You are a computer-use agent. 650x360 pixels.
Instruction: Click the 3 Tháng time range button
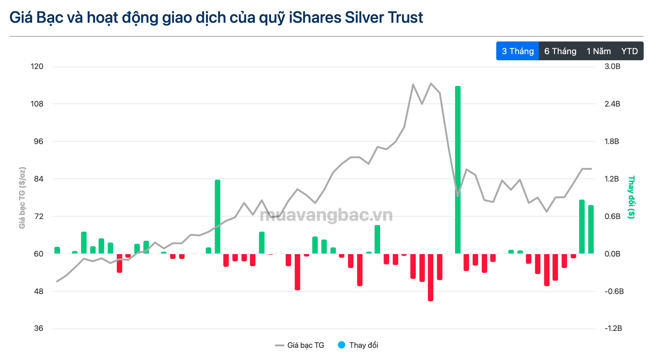tap(517, 51)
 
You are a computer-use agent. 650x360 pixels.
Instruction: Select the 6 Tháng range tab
tap(560, 51)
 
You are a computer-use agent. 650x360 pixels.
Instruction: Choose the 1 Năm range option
tap(599, 51)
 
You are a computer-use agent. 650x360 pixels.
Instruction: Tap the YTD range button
tap(629, 51)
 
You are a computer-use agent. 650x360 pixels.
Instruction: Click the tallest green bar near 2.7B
tap(458, 169)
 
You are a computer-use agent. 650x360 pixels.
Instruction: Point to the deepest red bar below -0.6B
tap(431, 277)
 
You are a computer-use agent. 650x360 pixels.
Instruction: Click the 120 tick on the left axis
tap(37, 67)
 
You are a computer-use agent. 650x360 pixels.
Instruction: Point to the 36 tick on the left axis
tap(39, 329)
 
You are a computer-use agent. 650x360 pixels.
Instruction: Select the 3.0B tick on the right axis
tap(612, 67)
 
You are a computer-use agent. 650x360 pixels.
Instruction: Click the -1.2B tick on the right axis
tap(613, 329)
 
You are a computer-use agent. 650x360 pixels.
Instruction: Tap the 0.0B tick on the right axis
tap(612, 254)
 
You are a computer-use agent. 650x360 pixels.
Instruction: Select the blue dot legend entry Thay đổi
tap(358, 345)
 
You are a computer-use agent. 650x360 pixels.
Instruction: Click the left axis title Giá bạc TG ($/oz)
tap(22, 198)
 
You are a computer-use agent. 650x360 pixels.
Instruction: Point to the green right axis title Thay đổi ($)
tap(631, 197)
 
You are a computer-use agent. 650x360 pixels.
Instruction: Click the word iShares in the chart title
tap(315, 18)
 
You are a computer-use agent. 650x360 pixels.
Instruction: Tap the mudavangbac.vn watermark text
tap(326, 215)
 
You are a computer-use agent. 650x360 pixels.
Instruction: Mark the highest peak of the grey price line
tap(431, 83)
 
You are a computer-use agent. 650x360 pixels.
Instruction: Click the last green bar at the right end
tap(591, 229)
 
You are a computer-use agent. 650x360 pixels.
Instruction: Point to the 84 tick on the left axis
tap(39, 179)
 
